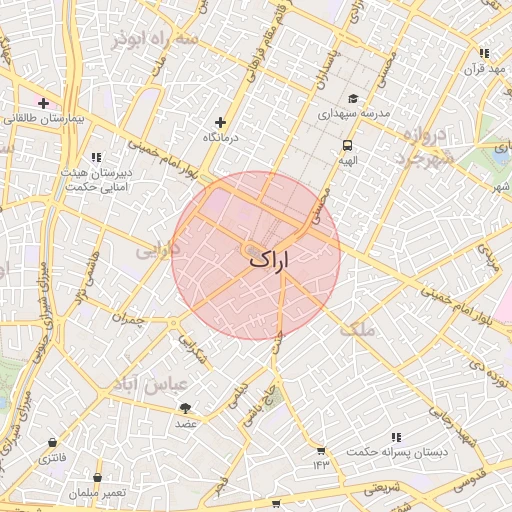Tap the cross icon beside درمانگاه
[x=221, y=122]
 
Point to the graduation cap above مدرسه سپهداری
[x=352, y=99]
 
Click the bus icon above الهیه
[x=347, y=145]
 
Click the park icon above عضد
[x=185, y=408]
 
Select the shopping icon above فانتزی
[x=51, y=442]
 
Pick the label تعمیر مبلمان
[x=98, y=493]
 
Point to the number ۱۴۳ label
[x=320, y=464]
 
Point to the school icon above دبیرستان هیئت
[x=96, y=157]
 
